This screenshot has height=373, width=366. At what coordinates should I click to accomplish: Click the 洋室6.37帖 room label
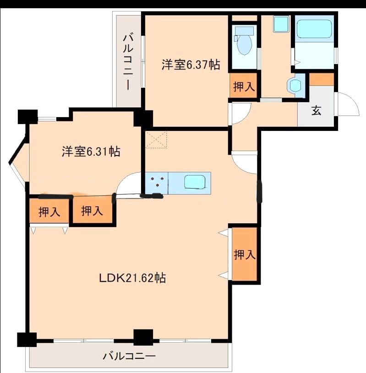(x=191, y=64)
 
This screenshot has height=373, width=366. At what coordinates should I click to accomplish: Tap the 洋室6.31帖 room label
(x=91, y=151)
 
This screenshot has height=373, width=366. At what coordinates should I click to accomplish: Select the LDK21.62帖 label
(x=132, y=278)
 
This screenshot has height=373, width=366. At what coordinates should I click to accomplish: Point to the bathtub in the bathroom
(x=314, y=29)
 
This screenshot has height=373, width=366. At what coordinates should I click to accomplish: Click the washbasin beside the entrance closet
(x=295, y=85)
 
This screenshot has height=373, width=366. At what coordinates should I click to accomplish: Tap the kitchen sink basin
(x=195, y=182)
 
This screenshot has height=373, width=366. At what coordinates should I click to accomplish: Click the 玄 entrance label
(x=317, y=110)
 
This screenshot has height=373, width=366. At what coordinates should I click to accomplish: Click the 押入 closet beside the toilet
(x=244, y=85)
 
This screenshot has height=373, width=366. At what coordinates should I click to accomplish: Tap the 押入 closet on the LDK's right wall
(x=245, y=254)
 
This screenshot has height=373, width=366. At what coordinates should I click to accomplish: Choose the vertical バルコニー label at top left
(x=128, y=62)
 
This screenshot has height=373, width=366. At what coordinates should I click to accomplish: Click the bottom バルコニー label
(x=129, y=356)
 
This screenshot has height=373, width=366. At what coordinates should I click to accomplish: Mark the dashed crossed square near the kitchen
(x=156, y=140)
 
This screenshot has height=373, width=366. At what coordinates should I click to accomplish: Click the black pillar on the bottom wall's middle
(x=143, y=337)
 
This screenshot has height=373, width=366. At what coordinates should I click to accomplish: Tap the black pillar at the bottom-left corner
(x=27, y=340)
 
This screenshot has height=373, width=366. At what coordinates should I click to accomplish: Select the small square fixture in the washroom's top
(x=281, y=24)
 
